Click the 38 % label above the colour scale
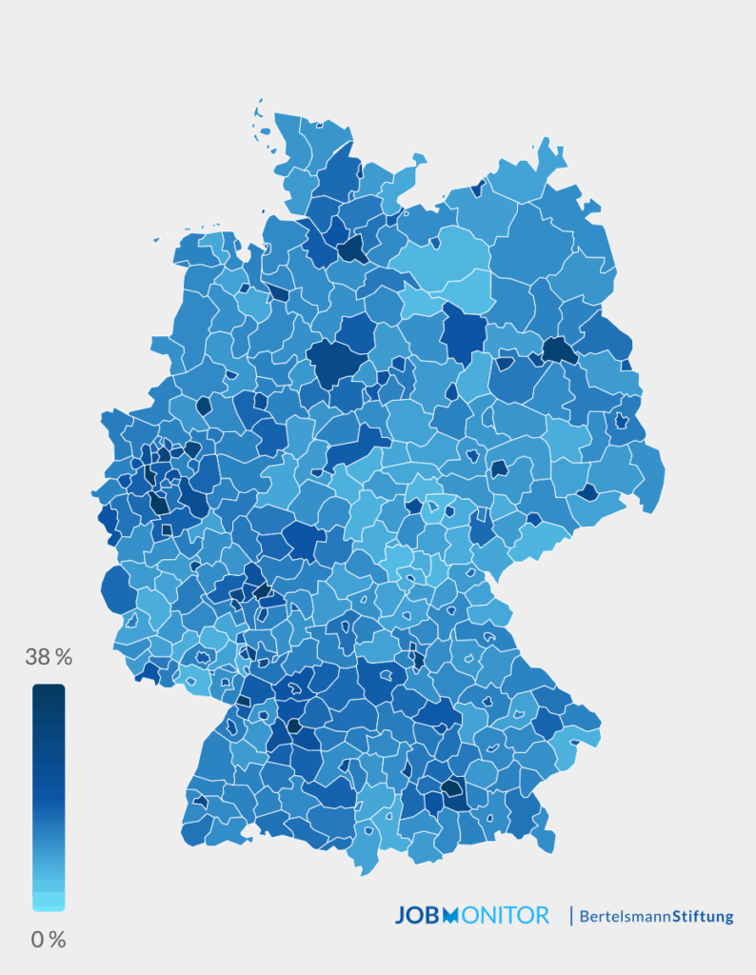click(x=49, y=657)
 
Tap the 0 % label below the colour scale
click(x=49, y=940)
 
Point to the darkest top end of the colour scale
click(x=49, y=692)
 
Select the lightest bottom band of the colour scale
click(x=49, y=902)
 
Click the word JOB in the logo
click(x=419, y=916)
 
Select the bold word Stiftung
click(x=703, y=917)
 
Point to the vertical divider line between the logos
click(x=571, y=916)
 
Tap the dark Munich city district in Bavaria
click(x=453, y=790)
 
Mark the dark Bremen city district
click(x=278, y=292)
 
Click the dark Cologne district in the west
click(x=159, y=503)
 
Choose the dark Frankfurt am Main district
click(x=261, y=590)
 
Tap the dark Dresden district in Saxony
click(x=587, y=492)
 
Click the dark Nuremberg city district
click(x=417, y=656)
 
